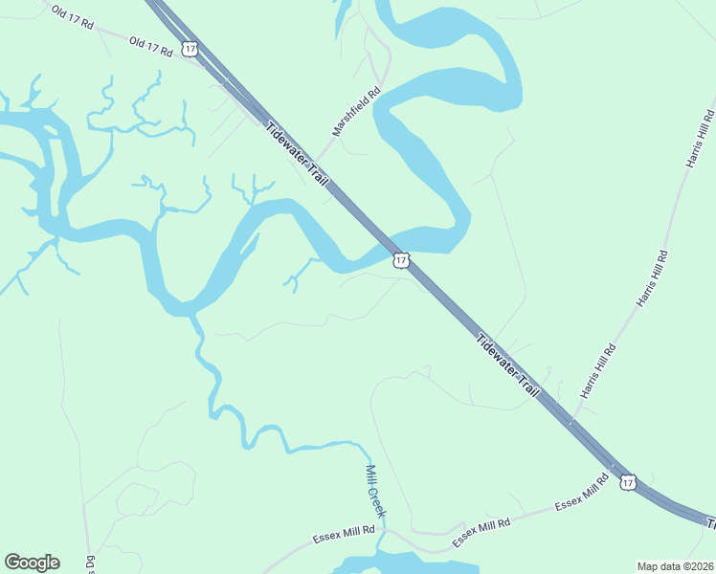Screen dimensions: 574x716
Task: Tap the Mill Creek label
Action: pos(375,492)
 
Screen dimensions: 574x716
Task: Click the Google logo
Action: pos(32,563)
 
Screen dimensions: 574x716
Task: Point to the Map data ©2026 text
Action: pos(675,566)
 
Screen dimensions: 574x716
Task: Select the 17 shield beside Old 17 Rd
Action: pos(190,48)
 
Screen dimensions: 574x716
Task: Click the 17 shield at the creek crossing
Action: pos(401,259)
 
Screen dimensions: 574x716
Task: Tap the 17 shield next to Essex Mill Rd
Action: pos(627,483)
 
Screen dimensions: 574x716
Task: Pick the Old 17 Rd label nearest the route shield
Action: pos(149,45)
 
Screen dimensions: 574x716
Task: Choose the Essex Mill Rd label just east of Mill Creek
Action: pos(481,529)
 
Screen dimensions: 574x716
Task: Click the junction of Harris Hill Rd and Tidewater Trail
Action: pos(571,421)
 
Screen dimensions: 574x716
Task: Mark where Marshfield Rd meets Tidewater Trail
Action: pos(317,164)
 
